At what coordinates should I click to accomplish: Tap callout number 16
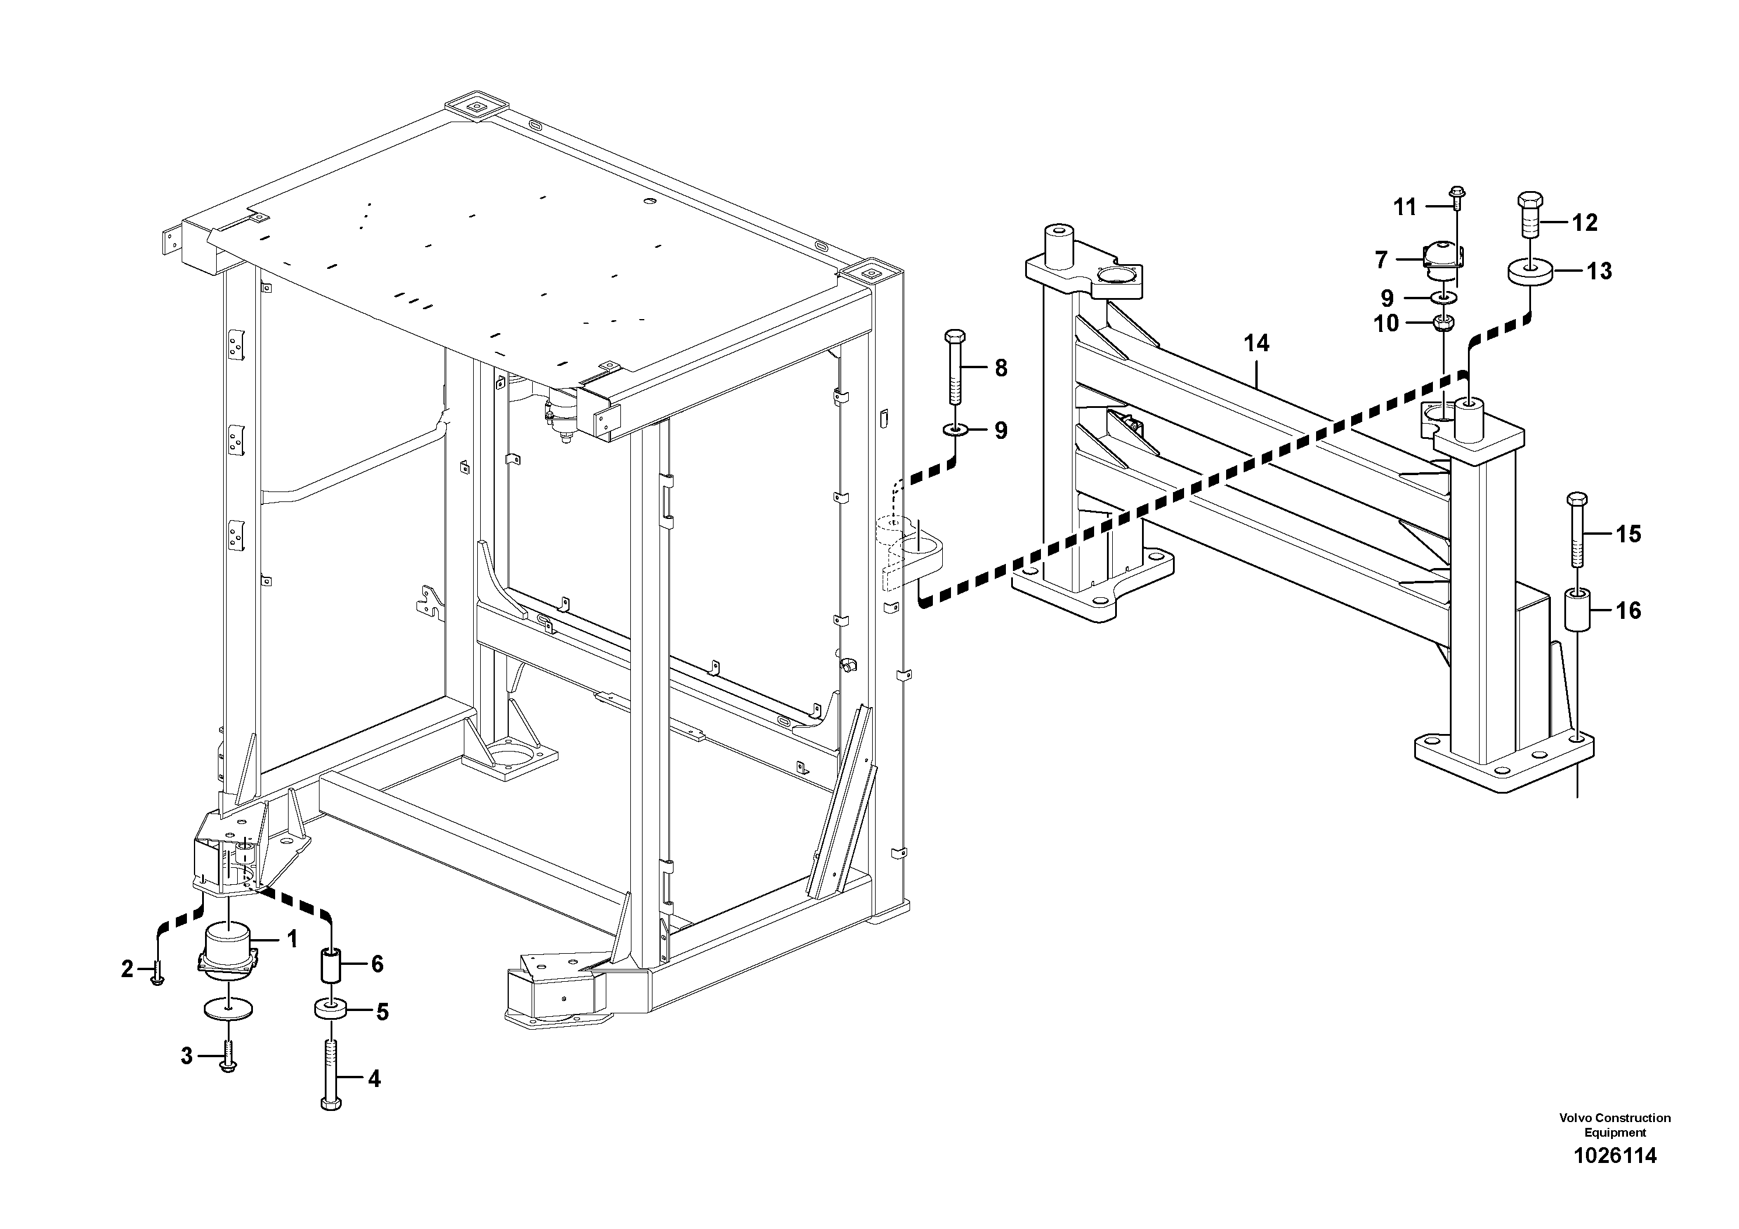coord(1629,610)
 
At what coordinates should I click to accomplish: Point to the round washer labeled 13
coord(1529,271)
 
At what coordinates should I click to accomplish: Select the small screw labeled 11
coord(1456,199)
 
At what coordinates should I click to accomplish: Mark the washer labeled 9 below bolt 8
coord(954,430)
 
